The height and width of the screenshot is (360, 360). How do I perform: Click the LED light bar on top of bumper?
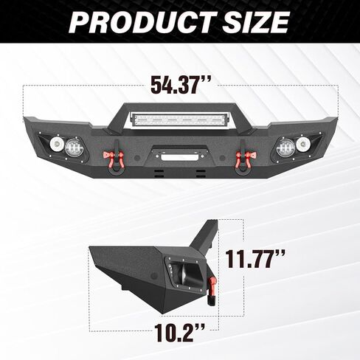tap(180, 120)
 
